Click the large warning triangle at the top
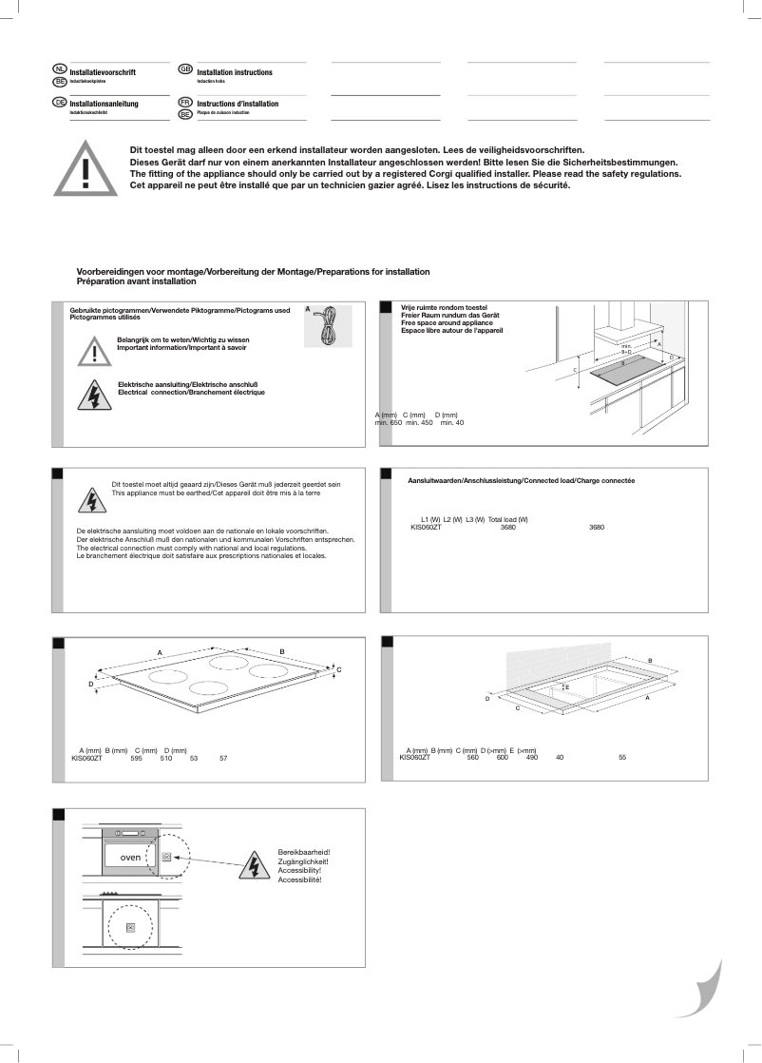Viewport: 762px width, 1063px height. [x=86, y=170]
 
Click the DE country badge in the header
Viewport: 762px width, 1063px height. [x=60, y=102]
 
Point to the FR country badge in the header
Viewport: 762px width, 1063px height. [x=186, y=102]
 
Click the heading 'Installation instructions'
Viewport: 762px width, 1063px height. [x=235, y=73]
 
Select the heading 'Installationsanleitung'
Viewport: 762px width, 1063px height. [x=105, y=103]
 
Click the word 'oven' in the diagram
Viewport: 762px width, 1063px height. [x=130, y=857]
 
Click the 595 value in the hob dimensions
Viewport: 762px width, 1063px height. [x=136, y=759]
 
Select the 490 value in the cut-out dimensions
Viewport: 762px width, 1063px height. [x=531, y=758]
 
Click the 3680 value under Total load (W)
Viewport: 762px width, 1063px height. [x=507, y=527]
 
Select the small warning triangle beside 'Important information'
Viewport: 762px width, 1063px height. [x=94, y=351]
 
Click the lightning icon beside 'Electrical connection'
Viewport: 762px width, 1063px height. [x=94, y=394]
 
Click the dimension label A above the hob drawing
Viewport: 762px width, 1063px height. [x=160, y=652]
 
